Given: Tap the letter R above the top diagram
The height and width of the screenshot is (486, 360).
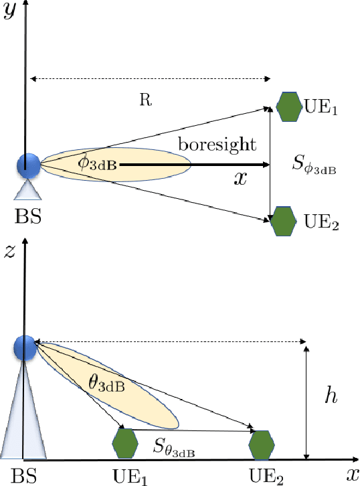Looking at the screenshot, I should tap(144, 99).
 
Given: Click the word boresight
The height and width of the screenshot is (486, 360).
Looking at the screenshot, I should tap(208, 145).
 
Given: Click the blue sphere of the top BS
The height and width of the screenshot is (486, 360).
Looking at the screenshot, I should tap(28, 165).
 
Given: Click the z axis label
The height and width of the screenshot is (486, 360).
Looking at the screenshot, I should tap(10, 253).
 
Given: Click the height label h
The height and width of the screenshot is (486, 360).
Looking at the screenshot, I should tap(331, 396).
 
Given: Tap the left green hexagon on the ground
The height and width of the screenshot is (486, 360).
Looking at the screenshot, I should tap(125, 442).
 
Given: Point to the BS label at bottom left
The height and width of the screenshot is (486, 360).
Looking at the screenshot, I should tap(25, 476).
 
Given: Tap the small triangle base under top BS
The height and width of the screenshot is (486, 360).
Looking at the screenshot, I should tap(28, 191).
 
